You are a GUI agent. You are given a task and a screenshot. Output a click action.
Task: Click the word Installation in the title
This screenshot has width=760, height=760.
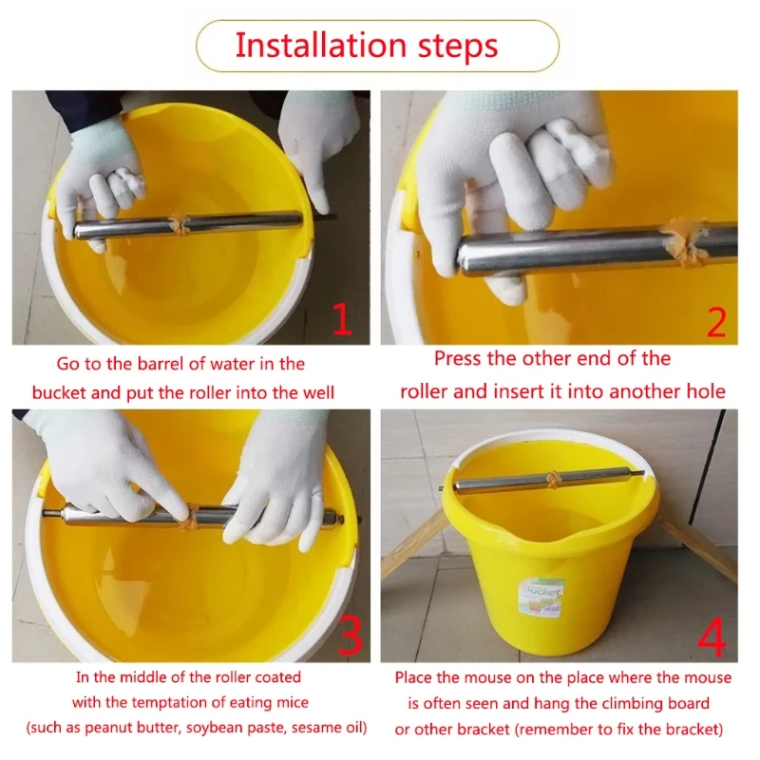tap(320, 46)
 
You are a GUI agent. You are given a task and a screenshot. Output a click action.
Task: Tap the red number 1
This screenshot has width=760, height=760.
tap(343, 319)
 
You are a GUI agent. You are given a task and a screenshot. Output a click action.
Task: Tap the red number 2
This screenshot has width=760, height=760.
tap(716, 322)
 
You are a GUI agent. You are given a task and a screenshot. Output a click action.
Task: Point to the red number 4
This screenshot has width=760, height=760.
tap(712, 636)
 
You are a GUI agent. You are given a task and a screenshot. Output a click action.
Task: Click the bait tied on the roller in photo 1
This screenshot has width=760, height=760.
tap(177, 223)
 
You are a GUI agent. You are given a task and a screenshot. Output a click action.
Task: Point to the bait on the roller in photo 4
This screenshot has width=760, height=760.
tap(552, 480)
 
